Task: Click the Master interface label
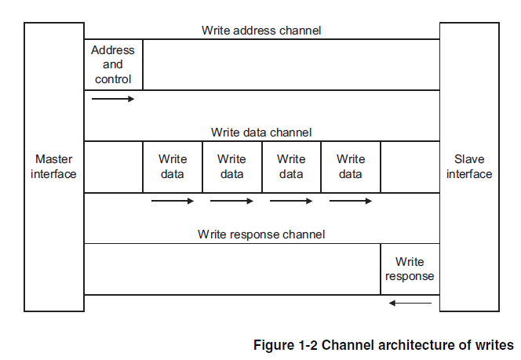(x=53, y=166)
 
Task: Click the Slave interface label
(x=469, y=166)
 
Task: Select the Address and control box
(x=113, y=64)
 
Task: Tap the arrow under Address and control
(x=113, y=99)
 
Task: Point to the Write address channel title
(x=261, y=31)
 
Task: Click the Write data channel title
(x=261, y=133)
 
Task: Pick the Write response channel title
(x=261, y=234)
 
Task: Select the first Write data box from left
(x=173, y=166)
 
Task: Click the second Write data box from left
(x=231, y=166)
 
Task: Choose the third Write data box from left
(x=291, y=166)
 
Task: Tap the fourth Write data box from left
(x=351, y=166)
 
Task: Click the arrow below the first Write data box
(x=173, y=201)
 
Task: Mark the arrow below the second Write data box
(x=231, y=201)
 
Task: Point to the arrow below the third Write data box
(x=291, y=201)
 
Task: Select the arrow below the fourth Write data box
(x=351, y=201)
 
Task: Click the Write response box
(x=410, y=269)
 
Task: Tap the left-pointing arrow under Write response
(x=410, y=303)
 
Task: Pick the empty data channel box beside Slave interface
(x=410, y=166)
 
